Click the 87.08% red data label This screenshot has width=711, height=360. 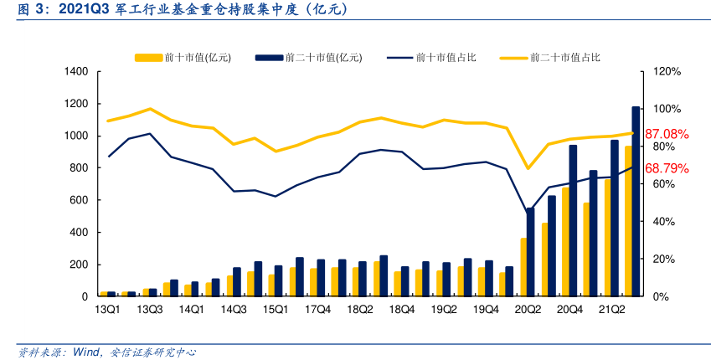click(666, 134)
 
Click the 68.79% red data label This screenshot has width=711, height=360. click(666, 168)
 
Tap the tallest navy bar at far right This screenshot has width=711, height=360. click(636, 201)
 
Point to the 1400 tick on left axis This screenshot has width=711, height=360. click(75, 72)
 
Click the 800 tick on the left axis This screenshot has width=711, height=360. click(79, 168)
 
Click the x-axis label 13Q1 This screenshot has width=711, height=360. click(108, 310)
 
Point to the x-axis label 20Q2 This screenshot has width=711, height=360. click(528, 310)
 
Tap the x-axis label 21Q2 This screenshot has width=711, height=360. click(611, 310)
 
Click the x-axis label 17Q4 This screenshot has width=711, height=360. click(317, 310)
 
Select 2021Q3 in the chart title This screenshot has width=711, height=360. click(88, 11)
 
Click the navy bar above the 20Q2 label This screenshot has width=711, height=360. click(531, 252)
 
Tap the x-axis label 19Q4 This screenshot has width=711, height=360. click(486, 310)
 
